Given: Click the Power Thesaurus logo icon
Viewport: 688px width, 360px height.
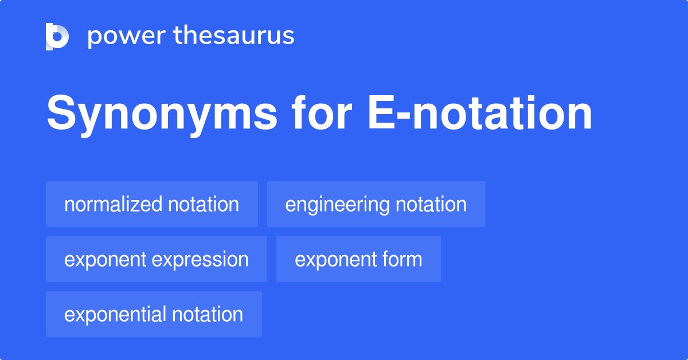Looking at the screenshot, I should click(x=57, y=36).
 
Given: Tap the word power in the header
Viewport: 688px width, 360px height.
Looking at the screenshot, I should click(x=126, y=36).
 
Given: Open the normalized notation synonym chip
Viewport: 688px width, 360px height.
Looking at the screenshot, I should click(x=152, y=204).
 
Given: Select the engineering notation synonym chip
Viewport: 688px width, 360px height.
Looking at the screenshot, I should click(x=376, y=204).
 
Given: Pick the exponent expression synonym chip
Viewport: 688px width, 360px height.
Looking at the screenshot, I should click(x=157, y=259).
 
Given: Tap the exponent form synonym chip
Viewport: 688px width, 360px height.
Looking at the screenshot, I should click(x=358, y=259).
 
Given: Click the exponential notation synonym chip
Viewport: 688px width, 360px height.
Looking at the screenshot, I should click(x=154, y=314).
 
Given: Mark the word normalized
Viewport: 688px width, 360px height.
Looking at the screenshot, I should click(x=114, y=204).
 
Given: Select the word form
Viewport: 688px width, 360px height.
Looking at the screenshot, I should click(x=404, y=259).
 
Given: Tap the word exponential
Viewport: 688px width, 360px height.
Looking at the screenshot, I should click(x=115, y=314).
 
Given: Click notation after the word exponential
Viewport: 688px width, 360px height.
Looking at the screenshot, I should click(x=208, y=314).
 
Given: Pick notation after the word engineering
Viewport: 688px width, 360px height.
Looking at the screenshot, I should click(x=431, y=204).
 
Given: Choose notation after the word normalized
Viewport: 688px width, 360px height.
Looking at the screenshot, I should click(x=204, y=204).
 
